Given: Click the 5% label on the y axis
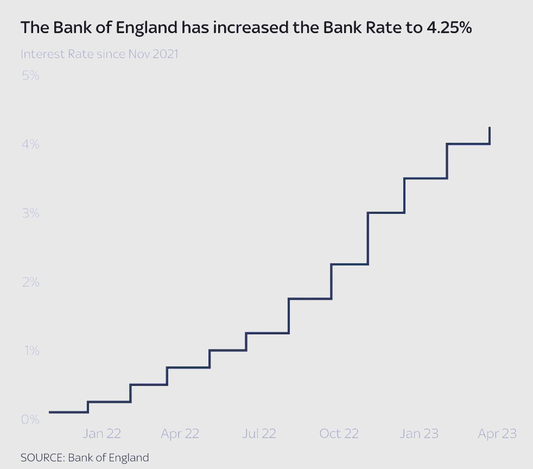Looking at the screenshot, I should point(30,75).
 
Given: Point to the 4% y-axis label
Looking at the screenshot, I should point(30,144).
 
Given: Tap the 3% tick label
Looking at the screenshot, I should point(30,213).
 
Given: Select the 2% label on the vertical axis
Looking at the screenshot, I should point(30,282).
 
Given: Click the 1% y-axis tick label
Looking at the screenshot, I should point(30,351).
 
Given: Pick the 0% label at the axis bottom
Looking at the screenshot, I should point(30,420).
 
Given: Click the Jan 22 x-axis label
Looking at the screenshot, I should point(101,434).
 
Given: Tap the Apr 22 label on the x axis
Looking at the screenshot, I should point(180,434).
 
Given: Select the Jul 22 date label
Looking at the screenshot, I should point(259,434).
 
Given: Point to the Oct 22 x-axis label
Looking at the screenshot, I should point(339,434).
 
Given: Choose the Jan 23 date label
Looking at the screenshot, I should point(418,434).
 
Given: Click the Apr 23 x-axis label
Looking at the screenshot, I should point(497,434).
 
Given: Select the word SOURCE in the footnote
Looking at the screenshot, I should point(42,458).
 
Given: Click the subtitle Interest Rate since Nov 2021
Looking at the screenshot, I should point(99,54).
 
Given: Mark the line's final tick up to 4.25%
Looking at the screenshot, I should point(490,135).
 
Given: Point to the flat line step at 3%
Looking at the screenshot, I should point(386,213).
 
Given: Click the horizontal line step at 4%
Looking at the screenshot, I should point(468,144).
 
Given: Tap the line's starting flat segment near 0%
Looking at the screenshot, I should point(68,412).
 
